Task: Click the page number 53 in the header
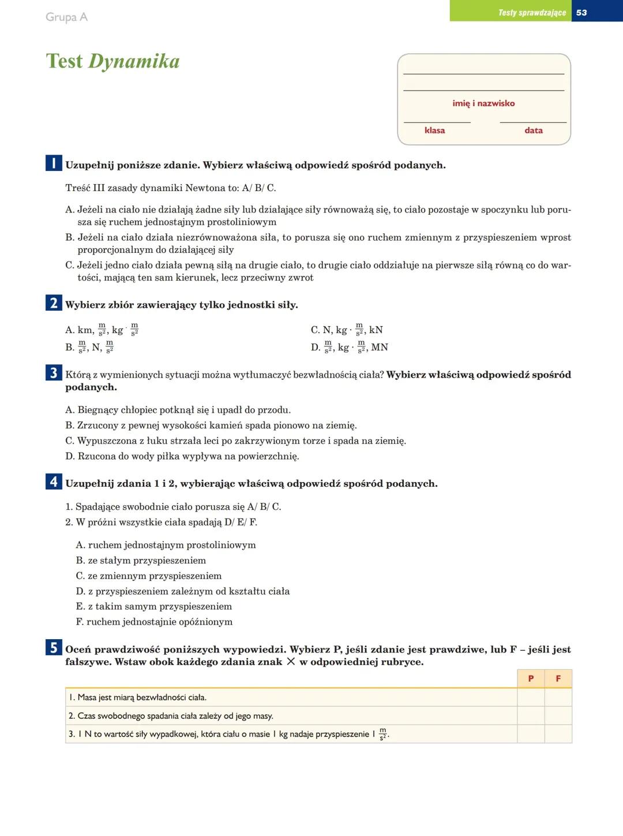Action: coord(581,12)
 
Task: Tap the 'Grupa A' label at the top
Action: coord(66,17)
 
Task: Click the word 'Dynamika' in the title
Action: coord(134,61)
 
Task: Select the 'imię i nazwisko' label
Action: coord(483,103)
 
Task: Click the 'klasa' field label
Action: coord(434,130)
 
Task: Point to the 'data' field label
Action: coord(534,130)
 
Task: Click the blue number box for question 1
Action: coord(54,163)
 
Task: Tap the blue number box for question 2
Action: coord(54,303)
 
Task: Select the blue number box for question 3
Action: coord(54,373)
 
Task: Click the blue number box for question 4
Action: coord(54,482)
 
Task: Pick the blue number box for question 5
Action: coord(54,648)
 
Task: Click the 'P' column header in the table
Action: coord(531,679)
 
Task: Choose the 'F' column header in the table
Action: coord(558,679)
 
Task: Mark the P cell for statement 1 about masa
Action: coord(531,697)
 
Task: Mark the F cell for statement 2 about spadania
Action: coord(558,716)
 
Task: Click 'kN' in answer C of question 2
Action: coord(376,330)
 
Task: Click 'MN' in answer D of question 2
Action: coord(380,348)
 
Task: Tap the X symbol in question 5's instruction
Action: coord(291,662)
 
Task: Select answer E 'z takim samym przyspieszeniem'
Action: coord(154,606)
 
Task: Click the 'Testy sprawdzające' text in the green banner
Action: coord(532,12)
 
